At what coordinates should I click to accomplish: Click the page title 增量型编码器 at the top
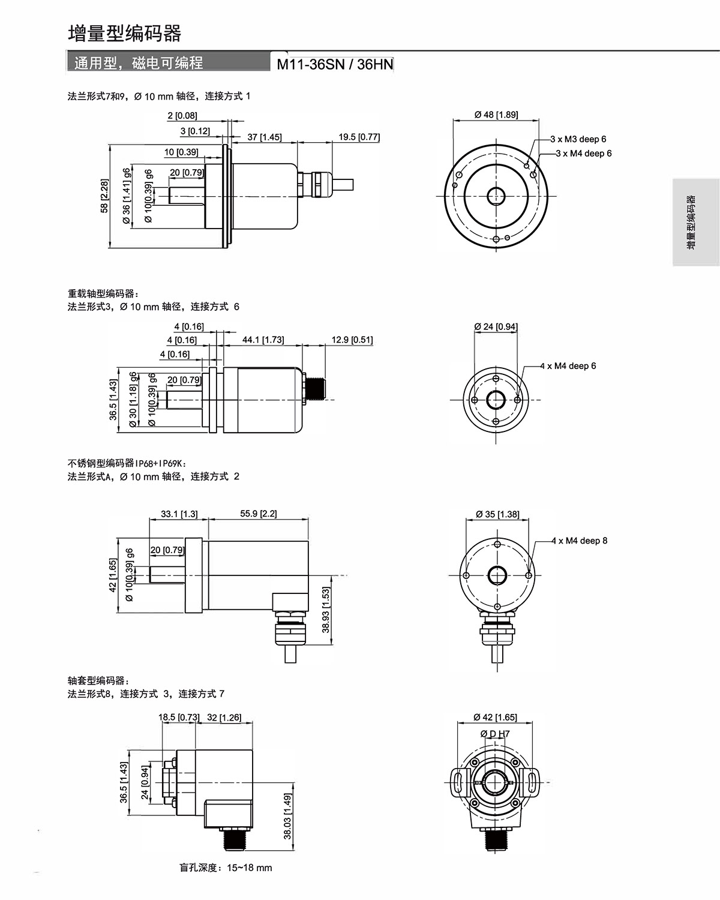125,34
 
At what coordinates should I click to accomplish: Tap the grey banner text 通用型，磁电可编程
139,63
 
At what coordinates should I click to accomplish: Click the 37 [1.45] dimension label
265,137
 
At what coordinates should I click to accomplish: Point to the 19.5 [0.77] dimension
359,137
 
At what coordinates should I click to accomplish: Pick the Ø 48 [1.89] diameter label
496,115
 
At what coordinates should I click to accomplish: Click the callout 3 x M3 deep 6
578,139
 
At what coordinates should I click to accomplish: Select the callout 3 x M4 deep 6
584,154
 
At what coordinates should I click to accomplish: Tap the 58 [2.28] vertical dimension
104,196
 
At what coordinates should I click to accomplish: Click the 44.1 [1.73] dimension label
263,340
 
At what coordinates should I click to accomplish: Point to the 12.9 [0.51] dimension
352,340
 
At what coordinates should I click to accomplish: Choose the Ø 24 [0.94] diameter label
496,326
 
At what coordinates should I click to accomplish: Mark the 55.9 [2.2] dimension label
259,514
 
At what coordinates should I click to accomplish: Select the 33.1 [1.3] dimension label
179,514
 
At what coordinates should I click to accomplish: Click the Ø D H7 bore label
495,734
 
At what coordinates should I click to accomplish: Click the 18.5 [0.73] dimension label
179,717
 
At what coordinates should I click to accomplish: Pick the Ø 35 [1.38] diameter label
497,514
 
